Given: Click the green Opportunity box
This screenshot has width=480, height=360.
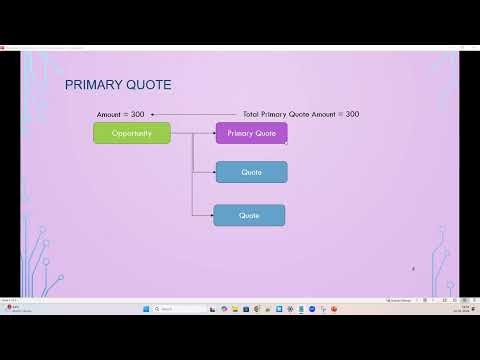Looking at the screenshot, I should (131, 133).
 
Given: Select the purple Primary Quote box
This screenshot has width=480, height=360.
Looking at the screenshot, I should (251, 133).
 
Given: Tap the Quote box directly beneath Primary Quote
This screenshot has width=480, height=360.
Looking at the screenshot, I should (251, 172).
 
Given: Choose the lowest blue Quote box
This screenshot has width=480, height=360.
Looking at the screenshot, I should (249, 215).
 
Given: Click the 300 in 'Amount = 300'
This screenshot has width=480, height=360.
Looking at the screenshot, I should (137, 115).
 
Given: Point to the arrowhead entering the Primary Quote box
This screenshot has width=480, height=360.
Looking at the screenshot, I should (213, 133).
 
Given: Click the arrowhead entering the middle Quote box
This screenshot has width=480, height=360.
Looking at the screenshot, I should (213, 172).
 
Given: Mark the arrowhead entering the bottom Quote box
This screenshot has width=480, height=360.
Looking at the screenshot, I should (211, 215).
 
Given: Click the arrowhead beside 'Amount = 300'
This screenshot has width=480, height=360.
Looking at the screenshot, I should (152, 115).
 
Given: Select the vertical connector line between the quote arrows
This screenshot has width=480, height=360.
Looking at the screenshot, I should (192, 175).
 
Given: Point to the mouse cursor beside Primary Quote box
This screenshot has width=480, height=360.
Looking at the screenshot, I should (287, 142).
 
